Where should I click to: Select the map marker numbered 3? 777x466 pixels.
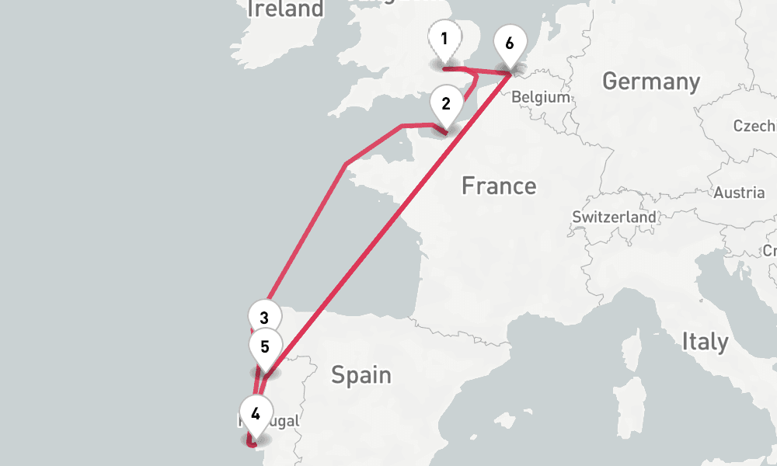[264, 318]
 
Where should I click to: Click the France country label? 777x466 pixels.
[498, 186]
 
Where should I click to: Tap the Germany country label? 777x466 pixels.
[650, 81]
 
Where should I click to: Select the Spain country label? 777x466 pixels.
[361, 376]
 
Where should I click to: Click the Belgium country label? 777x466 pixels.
[541, 98]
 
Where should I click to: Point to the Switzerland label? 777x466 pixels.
[614, 217]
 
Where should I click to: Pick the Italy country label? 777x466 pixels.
[705, 342]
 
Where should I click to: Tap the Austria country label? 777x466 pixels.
[739, 193]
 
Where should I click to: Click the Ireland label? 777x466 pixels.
[285, 9]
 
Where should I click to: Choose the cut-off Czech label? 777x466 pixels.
[755, 126]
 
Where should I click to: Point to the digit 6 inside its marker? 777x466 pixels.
[509, 43]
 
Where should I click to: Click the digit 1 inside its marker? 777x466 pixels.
[444, 38]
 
